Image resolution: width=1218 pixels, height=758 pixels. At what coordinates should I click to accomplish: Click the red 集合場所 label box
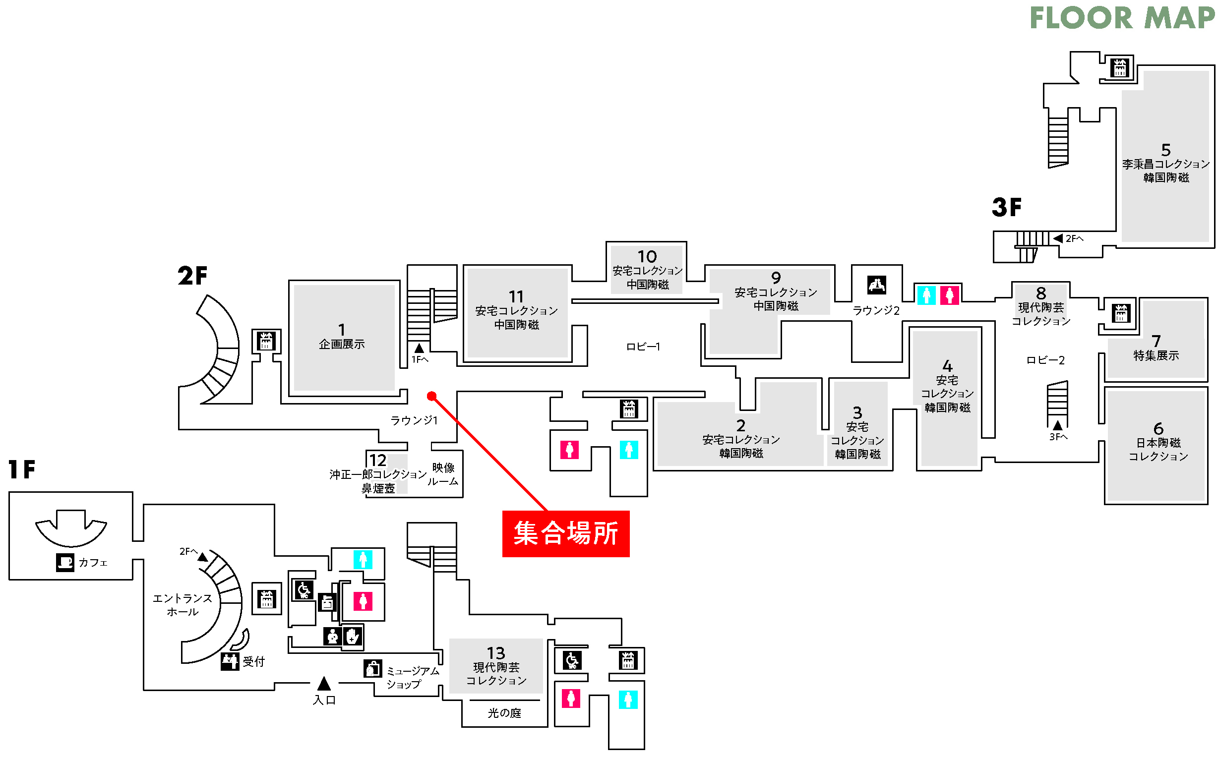coord(566,533)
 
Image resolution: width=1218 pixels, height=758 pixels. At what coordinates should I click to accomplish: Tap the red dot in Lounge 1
coord(431,396)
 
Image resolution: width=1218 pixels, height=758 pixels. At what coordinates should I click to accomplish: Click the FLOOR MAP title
coord(1122,18)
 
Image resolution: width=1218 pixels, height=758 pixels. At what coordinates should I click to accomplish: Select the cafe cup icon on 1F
coord(64,562)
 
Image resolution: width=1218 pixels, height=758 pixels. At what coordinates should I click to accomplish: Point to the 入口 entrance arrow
coord(324,683)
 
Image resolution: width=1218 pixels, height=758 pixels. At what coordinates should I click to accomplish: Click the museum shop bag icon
coord(372,668)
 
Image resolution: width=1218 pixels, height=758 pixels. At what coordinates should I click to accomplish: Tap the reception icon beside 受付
coord(230,661)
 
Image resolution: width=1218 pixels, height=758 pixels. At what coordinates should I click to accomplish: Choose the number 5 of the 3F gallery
coord(1166,149)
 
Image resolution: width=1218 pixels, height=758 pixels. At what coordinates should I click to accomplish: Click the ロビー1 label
coord(643,347)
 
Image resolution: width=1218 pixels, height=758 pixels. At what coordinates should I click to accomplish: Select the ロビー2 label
coord(1045,360)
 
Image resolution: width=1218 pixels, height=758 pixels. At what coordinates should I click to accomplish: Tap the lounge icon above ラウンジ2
coord(876,285)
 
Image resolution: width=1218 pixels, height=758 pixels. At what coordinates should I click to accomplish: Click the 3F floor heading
coord(1006,207)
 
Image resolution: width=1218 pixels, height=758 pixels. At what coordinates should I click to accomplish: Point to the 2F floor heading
coord(192,276)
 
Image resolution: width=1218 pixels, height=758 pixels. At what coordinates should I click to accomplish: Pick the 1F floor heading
coord(22,470)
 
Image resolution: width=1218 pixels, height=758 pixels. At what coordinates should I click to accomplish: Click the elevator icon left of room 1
coord(266,342)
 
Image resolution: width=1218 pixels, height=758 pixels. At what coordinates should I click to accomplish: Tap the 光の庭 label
coord(504,713)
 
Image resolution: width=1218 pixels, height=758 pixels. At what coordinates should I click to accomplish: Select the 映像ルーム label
coord(443,474)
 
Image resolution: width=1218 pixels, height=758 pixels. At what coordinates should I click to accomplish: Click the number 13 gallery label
coord(495,653)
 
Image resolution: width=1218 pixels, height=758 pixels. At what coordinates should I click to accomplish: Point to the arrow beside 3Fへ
coord(1057,425)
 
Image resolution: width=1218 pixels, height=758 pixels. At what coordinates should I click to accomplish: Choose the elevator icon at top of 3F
coord(1120,68)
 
